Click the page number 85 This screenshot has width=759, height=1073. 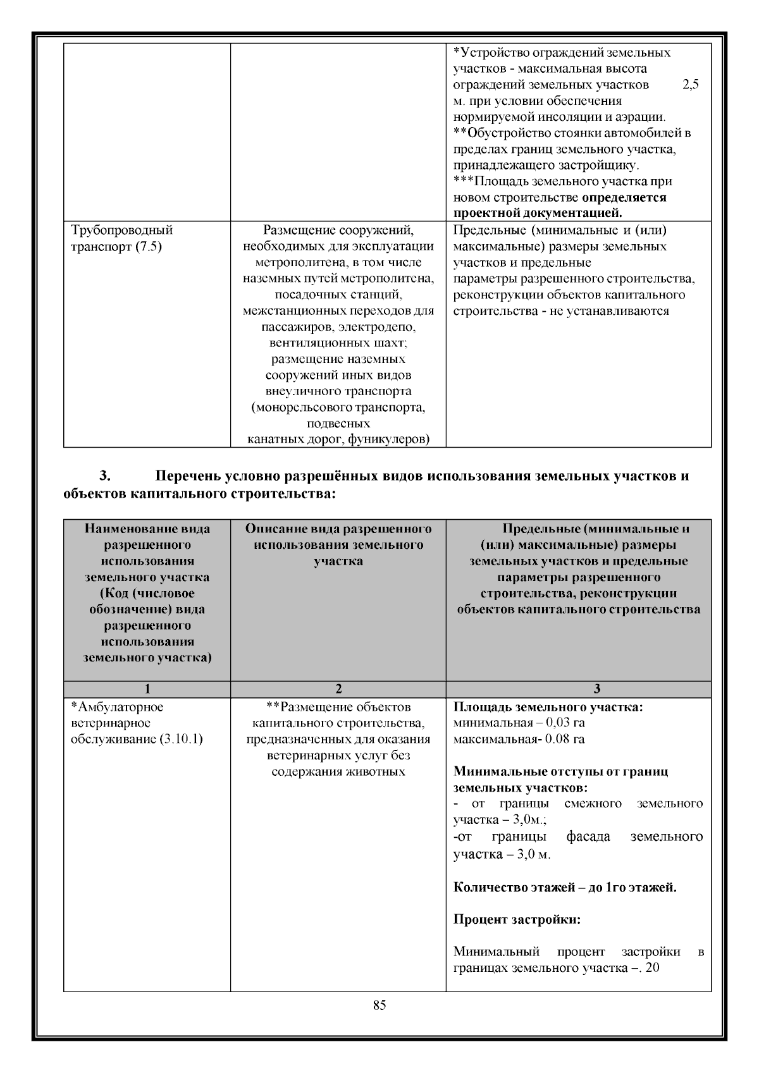point(379,1006)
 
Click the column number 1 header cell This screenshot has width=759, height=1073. point(147,689)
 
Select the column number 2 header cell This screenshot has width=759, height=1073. point(338,689)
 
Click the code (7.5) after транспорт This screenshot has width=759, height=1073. point(147,247)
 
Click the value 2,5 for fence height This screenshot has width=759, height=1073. point(691,84)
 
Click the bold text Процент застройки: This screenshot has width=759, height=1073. point(517,919)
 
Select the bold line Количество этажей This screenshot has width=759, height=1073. point(565,887)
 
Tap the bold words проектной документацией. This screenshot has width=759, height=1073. point(538,213)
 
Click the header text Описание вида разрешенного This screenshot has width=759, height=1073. point(338,529)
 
